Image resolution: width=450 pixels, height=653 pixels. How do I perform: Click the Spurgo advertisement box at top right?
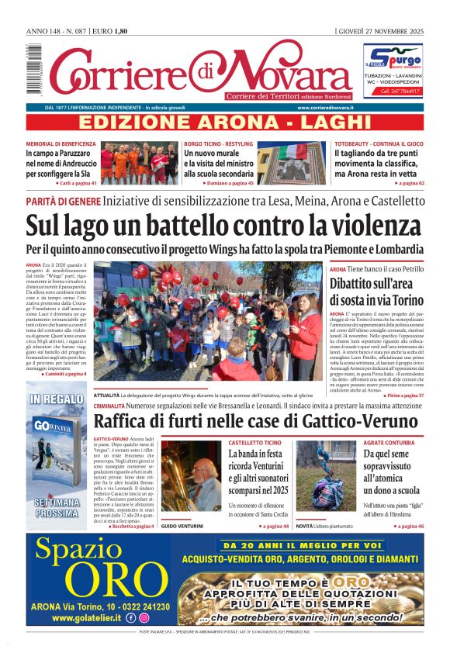point(394,70)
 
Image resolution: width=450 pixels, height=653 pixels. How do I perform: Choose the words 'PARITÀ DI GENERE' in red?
point(63,201)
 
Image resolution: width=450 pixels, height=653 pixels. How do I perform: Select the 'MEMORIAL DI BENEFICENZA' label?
point(61,144)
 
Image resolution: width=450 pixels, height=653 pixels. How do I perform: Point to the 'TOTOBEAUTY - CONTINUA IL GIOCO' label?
point(379,144)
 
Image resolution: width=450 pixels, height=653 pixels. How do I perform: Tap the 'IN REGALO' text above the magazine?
point(57,400)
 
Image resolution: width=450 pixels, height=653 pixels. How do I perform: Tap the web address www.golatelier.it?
point(88,618)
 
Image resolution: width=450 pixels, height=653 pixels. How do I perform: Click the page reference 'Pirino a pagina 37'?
point(404,395)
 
